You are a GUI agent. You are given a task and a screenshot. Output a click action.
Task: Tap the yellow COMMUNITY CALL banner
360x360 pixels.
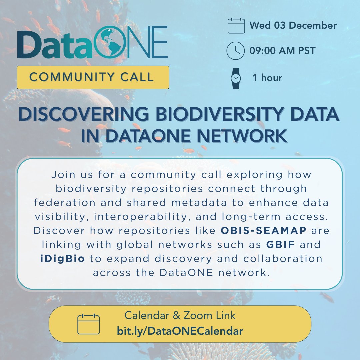coord(93,77)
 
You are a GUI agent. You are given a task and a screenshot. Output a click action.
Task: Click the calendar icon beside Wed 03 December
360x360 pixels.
coord(236,26)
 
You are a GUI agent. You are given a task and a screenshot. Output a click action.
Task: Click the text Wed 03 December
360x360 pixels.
coord(293,26)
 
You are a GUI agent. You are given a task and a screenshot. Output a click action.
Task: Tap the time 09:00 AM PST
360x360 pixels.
coord(282,51)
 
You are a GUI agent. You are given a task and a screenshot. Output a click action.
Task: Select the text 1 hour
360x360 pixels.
coord(267,78)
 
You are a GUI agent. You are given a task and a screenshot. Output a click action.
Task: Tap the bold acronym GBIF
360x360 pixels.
coord(281,244)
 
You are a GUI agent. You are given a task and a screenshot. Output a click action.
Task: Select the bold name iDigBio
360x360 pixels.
coord(61,258)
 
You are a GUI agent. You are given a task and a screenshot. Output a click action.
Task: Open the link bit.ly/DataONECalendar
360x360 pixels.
coord(180,331)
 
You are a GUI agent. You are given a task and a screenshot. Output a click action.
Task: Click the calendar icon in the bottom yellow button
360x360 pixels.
coord(88,324)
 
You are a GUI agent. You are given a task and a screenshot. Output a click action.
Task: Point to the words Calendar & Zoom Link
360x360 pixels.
coord(180,315)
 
